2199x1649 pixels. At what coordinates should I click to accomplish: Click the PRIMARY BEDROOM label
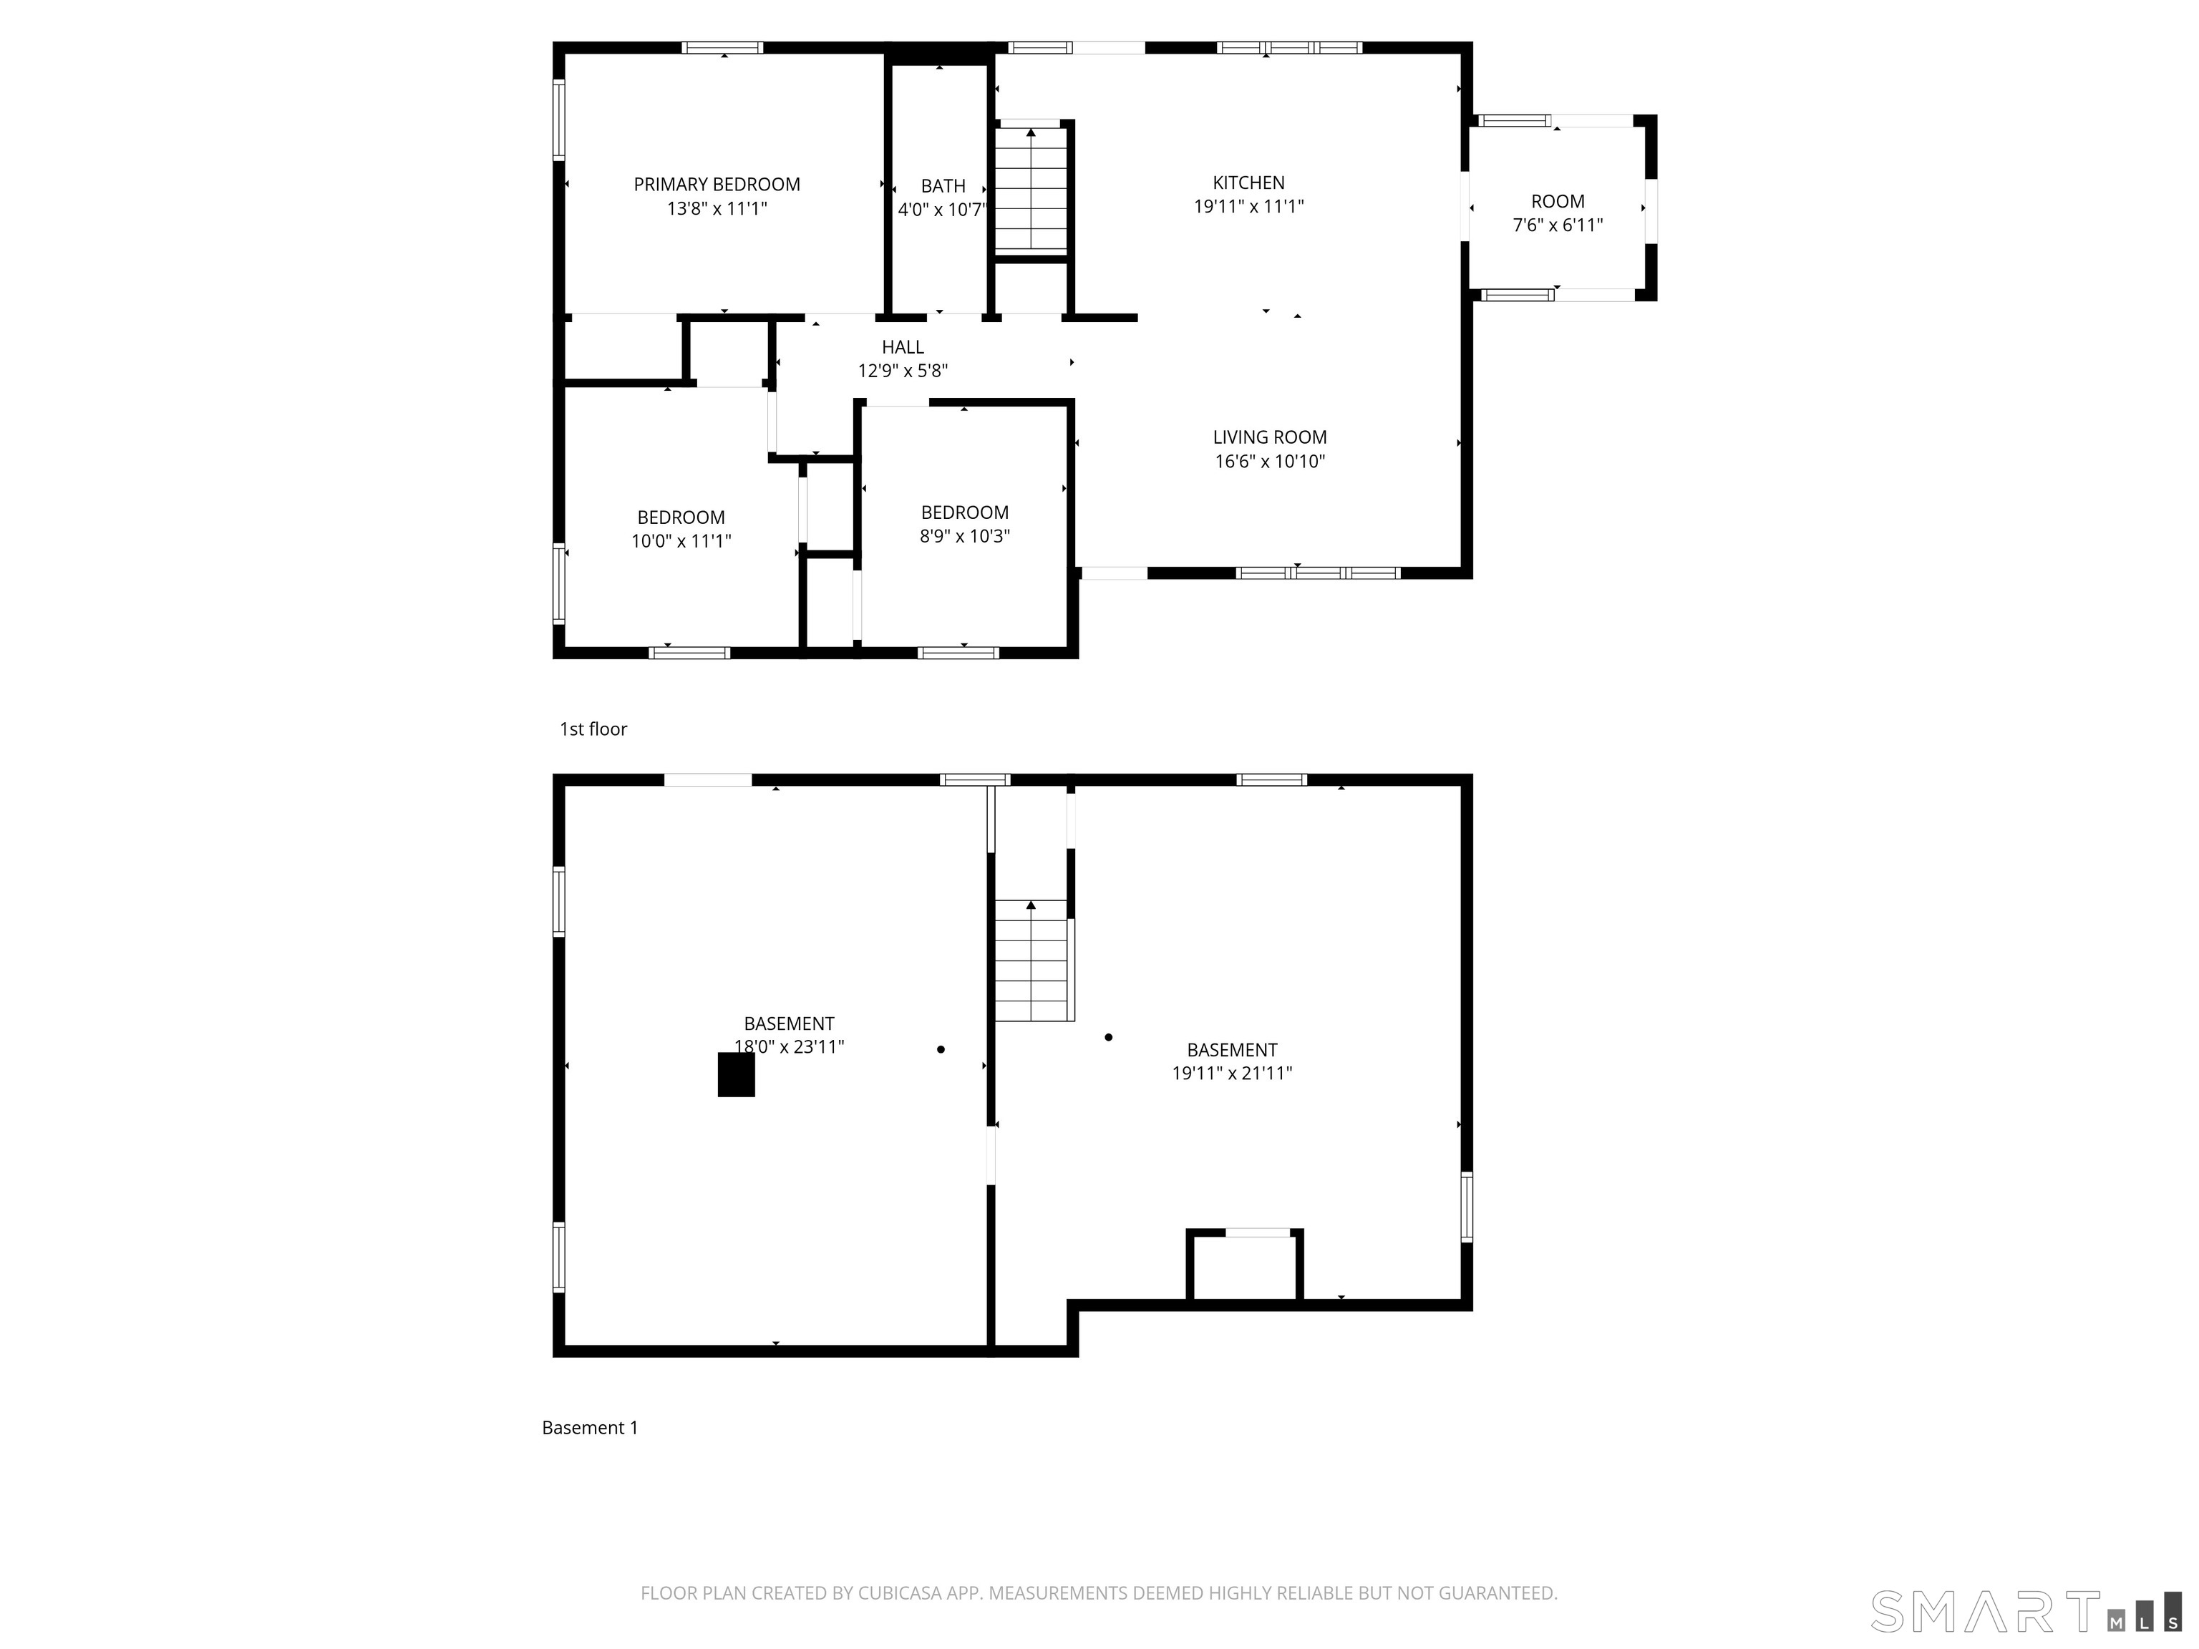coord(717,185)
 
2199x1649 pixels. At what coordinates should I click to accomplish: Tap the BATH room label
coord(943,187)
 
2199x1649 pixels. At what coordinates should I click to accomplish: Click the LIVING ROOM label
coord(1269,437)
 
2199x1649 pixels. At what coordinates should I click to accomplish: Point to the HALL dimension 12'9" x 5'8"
coord(903,371)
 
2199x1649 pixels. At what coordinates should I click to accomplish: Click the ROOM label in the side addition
coord(1557,202)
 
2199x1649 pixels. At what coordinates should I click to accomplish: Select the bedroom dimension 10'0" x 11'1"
coord(681,542)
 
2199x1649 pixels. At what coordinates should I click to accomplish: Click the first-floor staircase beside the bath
coord(1031,189)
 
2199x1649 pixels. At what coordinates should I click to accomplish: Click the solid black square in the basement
coord(736,1074)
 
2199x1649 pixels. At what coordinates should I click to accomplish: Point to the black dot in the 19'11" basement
coord(1108,1038)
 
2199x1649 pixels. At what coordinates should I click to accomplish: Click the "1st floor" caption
coord(593,729)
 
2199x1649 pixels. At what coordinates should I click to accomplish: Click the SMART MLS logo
coord(2023,1610)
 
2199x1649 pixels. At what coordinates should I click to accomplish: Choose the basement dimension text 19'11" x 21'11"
coord(1232,1074)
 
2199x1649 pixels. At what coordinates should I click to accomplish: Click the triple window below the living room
coord(1319,573)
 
